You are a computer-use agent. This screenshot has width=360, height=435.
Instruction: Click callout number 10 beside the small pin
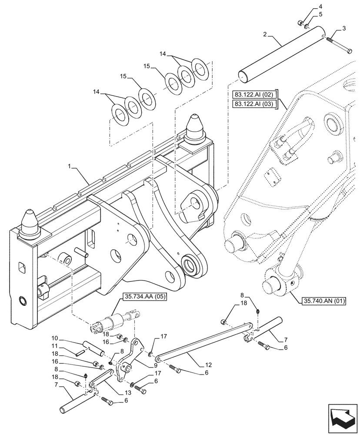point(55,338)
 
